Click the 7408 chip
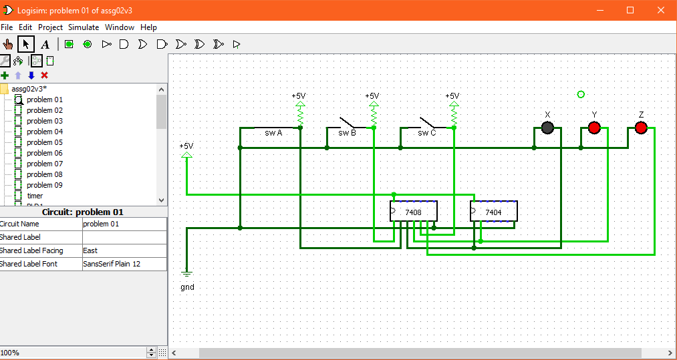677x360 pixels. click(x=414, y=212)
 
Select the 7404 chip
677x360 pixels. click(x=493, y=212)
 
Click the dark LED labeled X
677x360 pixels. click(x=547, y=128)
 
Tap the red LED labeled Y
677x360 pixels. click(x=594, y=128)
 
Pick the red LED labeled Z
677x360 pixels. click(x=641, y=128)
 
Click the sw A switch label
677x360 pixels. click(x=273, y=133)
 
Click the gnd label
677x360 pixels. click(x=187, y=287)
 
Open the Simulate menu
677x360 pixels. click(x=84, y=27)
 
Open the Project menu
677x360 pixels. click(x=50, y=27)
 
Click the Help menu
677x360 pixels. click(x=149, y=27)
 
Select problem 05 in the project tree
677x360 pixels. click(x=45, y=142)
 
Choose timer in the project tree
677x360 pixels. click(x=35, y=196)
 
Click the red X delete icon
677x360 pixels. click(x=45, y=75)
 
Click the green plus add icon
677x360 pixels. click(x=5, y=75)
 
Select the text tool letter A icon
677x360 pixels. click(x=45, y=45)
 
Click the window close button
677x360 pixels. click(x=661, y=10)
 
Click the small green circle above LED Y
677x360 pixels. click(x=581, y=94)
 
